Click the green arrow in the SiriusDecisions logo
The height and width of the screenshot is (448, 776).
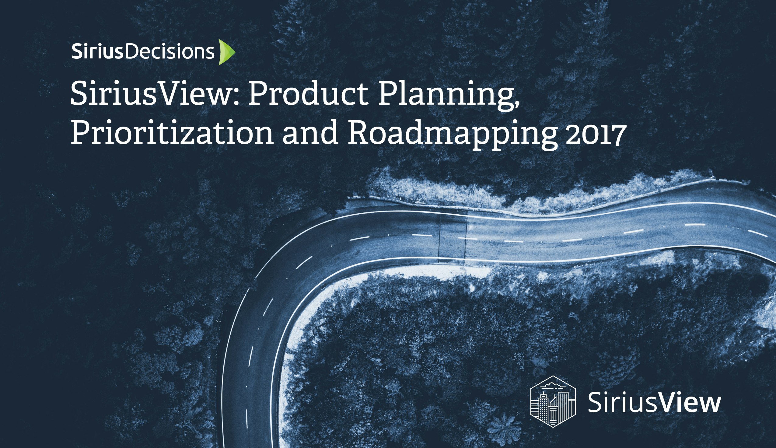tap(226, 52)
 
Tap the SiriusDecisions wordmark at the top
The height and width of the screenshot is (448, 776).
tap(143, 52)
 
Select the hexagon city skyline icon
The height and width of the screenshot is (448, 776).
tap(553, 401)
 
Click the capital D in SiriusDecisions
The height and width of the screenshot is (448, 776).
tap(132, 52)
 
